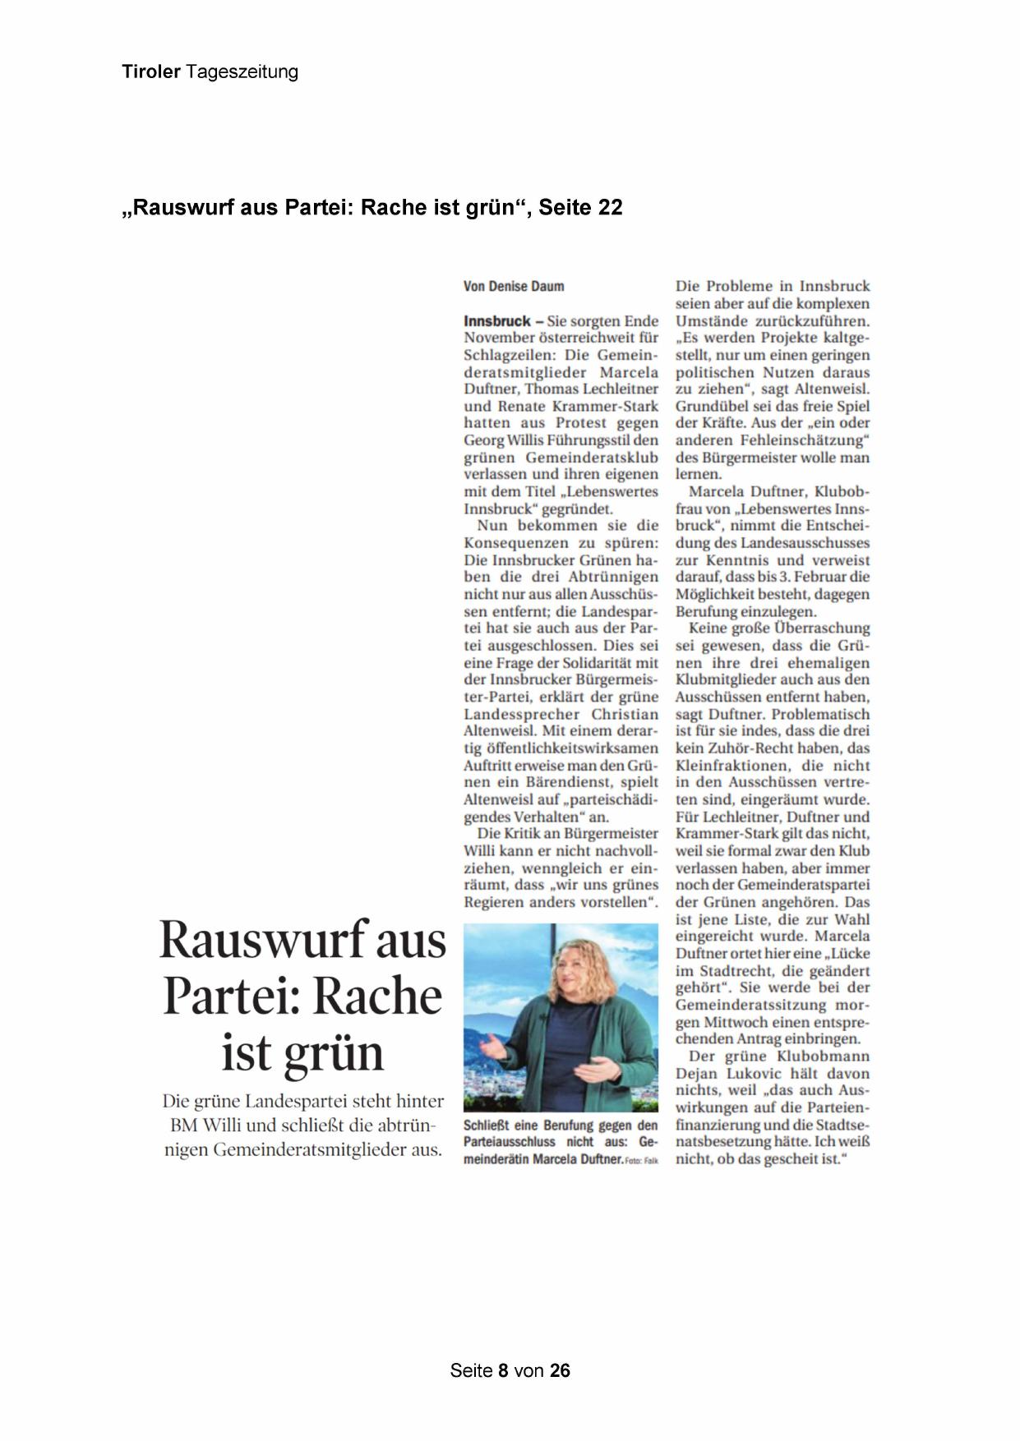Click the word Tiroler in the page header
click(151, 71)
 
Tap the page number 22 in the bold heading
click(610, 208)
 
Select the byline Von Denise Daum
click(514, 287)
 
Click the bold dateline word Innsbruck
click(496, 321)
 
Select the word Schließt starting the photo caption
click(487, 1126)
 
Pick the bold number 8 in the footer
click(504, 1370)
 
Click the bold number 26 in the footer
click(560, 1370)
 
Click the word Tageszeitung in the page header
click(242, 71)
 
